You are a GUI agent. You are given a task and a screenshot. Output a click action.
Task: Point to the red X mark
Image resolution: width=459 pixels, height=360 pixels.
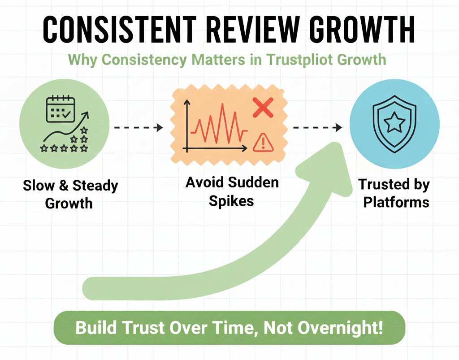(x=263, y=107)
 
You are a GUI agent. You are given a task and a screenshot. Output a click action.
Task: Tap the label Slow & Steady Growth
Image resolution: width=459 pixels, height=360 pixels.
(x=70, y=194)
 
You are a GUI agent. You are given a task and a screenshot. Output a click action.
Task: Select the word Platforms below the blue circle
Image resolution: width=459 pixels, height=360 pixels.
(x=396, y=202)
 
